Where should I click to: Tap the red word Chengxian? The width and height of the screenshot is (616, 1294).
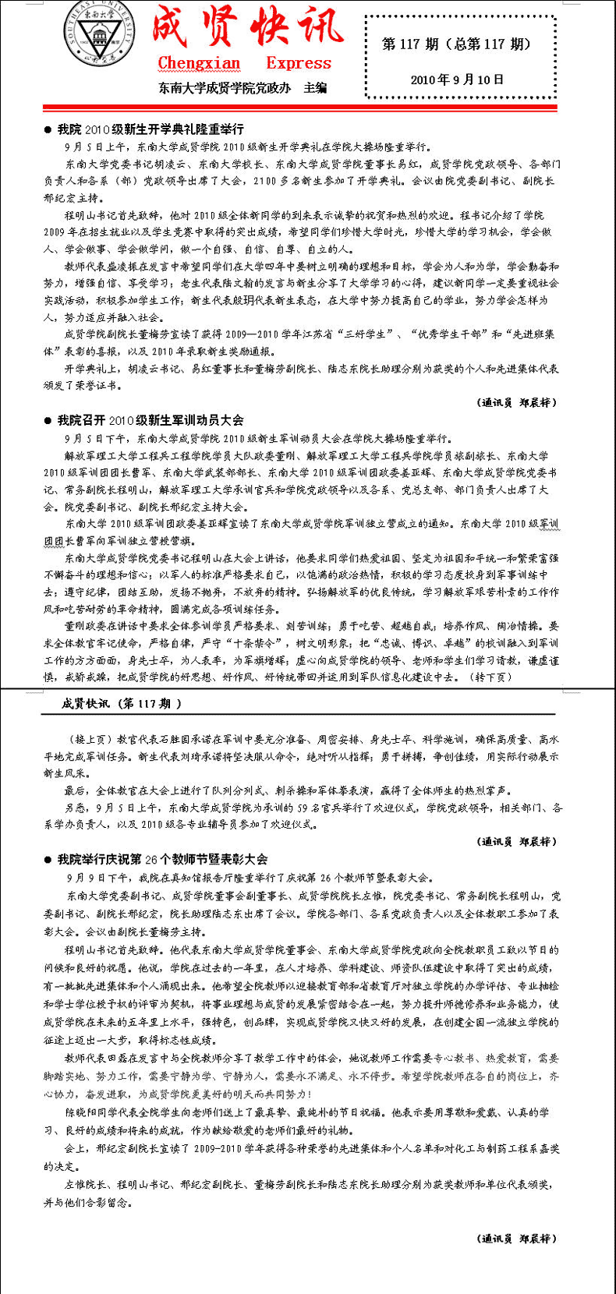pos(199,63)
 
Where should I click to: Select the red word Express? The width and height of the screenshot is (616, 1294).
pos(299,63)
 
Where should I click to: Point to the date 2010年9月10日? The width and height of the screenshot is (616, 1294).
pos(457,80)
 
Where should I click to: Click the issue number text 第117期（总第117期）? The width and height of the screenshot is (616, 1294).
pos(456,44)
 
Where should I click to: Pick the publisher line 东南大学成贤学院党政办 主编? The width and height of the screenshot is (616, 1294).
pos(243,88)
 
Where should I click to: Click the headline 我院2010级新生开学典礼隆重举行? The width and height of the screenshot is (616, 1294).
pos(150,129)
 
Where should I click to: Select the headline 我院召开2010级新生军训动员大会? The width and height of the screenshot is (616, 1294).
pos(150,420)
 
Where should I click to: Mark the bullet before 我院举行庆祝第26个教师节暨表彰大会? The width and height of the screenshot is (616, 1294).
pos(48,860)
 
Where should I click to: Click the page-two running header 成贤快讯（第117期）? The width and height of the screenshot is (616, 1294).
pos(122,703)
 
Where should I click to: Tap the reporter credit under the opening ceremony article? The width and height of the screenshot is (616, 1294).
pos(517,402)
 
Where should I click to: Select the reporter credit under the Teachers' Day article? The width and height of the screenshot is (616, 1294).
pos(517,1238)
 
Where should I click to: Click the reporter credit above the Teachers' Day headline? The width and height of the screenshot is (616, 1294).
pos(517,841)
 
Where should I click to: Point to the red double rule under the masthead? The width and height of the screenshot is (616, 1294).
pos(308,108)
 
